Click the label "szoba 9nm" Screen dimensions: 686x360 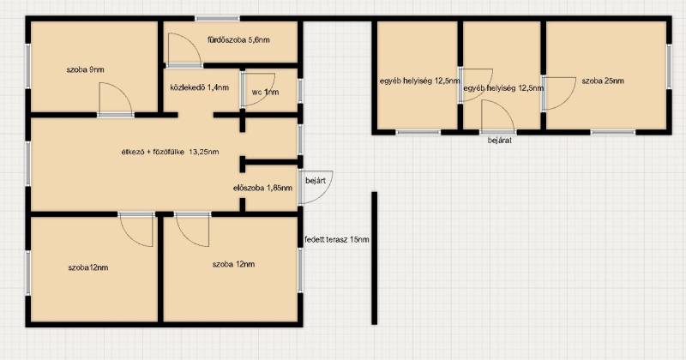tap(85, 69)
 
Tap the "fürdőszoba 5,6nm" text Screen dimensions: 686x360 tap(238, 39)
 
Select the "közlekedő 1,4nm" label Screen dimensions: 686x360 tap(200, 87)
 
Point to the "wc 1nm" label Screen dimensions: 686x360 tap(265, 92)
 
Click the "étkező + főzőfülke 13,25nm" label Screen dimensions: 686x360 tap(170, 152)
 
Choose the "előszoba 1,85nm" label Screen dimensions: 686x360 tap(263, 188)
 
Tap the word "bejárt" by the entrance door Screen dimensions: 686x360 tap(316, 180)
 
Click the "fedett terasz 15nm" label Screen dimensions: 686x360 tap(336, 240)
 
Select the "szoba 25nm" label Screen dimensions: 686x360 tap(603, 81)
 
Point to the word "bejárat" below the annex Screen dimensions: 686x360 tap(500, 141)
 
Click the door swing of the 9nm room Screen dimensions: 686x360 tap(116, 99)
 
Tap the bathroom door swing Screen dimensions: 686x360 tap(184, 50)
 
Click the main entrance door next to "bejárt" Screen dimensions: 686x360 tap(316, 187)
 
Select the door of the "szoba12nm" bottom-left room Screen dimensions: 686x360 tap(136, 230)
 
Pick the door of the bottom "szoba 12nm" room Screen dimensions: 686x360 tap(192, 230)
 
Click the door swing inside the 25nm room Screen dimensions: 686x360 tap(560, 93)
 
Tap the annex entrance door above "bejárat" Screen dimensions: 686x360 tap(498, 116)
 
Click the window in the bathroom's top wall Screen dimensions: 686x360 tap(218, 18)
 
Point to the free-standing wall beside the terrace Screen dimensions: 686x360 tap(374, 258)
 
